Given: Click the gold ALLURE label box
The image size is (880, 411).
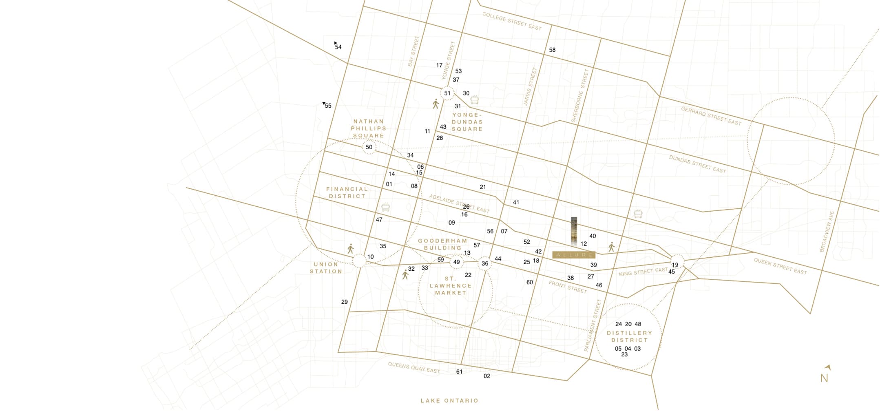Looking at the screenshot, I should tap(574, 255).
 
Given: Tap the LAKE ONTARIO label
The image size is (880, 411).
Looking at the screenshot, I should tap(449, 400).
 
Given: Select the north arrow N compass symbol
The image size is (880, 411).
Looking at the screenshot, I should tap(825, 374).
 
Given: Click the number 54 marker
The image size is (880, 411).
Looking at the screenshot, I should tap(338, 47).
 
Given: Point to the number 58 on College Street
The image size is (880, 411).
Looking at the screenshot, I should tap(552, 50).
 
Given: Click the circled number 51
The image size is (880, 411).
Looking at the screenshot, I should tap(447, 93).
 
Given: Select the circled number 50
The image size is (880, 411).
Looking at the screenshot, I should tap(369, 147).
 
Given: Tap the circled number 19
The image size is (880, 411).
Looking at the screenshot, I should tap(675, 265).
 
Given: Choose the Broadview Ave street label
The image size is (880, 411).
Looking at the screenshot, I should tap(827, 231).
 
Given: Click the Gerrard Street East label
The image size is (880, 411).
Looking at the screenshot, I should tap(711, 116).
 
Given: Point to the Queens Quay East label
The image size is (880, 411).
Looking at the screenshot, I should tap(414, 367).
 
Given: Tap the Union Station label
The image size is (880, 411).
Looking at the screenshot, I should tap(326, 268).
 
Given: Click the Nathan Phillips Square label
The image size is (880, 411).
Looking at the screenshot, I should tap(369, 128).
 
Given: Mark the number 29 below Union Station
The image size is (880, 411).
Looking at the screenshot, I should tap(345, 302).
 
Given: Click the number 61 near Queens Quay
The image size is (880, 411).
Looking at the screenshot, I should tap(459, 371).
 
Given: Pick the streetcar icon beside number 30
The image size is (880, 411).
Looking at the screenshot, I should tap(474, 100).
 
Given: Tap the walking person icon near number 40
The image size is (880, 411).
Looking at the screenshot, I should tap(611, 247).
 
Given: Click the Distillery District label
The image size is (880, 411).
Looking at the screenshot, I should tap(629, 336).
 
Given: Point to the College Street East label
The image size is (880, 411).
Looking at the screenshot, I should tap(512, 21).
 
